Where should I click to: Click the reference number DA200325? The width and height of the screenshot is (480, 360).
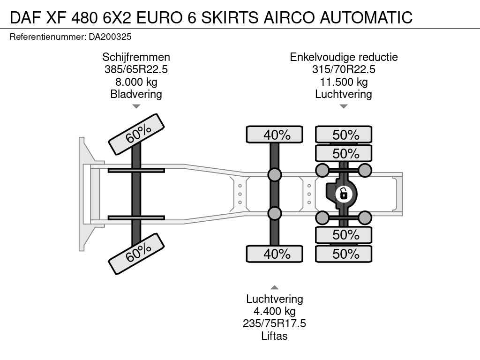tap(110, 37)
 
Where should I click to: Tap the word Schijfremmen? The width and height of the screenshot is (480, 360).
tap(136, 57)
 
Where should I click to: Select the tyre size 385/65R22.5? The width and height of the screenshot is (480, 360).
tap(136, 69)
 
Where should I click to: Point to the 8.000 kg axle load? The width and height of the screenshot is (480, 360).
tap(136, 82)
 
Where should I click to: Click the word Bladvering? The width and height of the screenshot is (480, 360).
tap(136, 94)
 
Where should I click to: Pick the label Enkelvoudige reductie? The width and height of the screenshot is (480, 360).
tap(344, 57)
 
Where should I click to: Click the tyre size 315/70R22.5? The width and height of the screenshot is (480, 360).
tap(344, 69)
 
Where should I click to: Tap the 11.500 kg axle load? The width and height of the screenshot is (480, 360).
tap(344, 82)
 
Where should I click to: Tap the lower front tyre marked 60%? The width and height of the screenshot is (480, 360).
tap(136, 254)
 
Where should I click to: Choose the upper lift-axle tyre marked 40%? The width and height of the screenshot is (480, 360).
tap(275, 135)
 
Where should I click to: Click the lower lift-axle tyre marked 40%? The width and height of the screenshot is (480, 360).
tap(275, 254)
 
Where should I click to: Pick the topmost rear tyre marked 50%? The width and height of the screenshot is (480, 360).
tap(344, 135)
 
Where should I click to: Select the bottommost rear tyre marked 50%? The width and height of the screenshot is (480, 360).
tap(344, 254)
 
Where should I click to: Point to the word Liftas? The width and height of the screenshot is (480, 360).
tap(274, 336)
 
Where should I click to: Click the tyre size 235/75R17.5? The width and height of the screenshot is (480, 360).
tap(274, 323)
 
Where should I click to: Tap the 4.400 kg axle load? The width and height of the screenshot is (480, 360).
tap(274, 311)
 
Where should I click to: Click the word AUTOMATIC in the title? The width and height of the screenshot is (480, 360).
tap(366, 17)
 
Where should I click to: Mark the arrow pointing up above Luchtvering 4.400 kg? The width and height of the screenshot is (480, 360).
tap(275, 287)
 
